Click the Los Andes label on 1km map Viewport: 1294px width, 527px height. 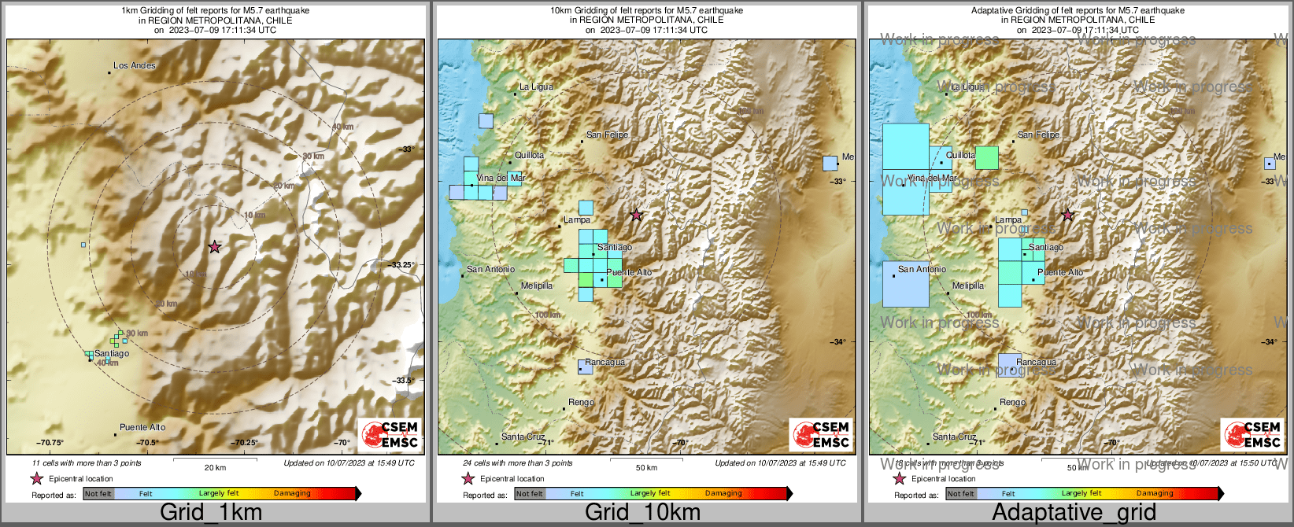pos(135,65)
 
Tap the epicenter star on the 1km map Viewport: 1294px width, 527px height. pos(214,247)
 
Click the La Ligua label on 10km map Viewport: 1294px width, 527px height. pos(536,87)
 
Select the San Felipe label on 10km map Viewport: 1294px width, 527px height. pos(607,135)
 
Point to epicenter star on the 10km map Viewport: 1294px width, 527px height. pos(636,215)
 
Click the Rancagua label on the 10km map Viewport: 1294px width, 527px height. pos(604,363)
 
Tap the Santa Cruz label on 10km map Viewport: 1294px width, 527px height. pos(523,437)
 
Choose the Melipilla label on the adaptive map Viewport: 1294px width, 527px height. pos(967,286)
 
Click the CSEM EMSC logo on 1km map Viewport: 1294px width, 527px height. pos(390,434)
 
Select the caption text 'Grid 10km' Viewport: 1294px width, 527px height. pos(642,513)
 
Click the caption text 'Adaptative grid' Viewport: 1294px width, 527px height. pos(1074,513)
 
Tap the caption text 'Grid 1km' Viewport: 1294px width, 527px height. pos(211,513)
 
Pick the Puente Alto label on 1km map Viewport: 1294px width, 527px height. pos(142,427)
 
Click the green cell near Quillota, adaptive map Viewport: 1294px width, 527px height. pos(986,158)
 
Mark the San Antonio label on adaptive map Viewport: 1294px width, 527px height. pos(922,269)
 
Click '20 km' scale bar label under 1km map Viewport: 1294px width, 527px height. pos(215,467)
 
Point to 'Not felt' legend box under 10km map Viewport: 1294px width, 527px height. pos(529,494)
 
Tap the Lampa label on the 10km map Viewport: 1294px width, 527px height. pos(577,220)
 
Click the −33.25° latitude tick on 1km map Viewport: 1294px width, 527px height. pos(403,265)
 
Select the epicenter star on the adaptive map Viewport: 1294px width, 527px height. pos(1067,215)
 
